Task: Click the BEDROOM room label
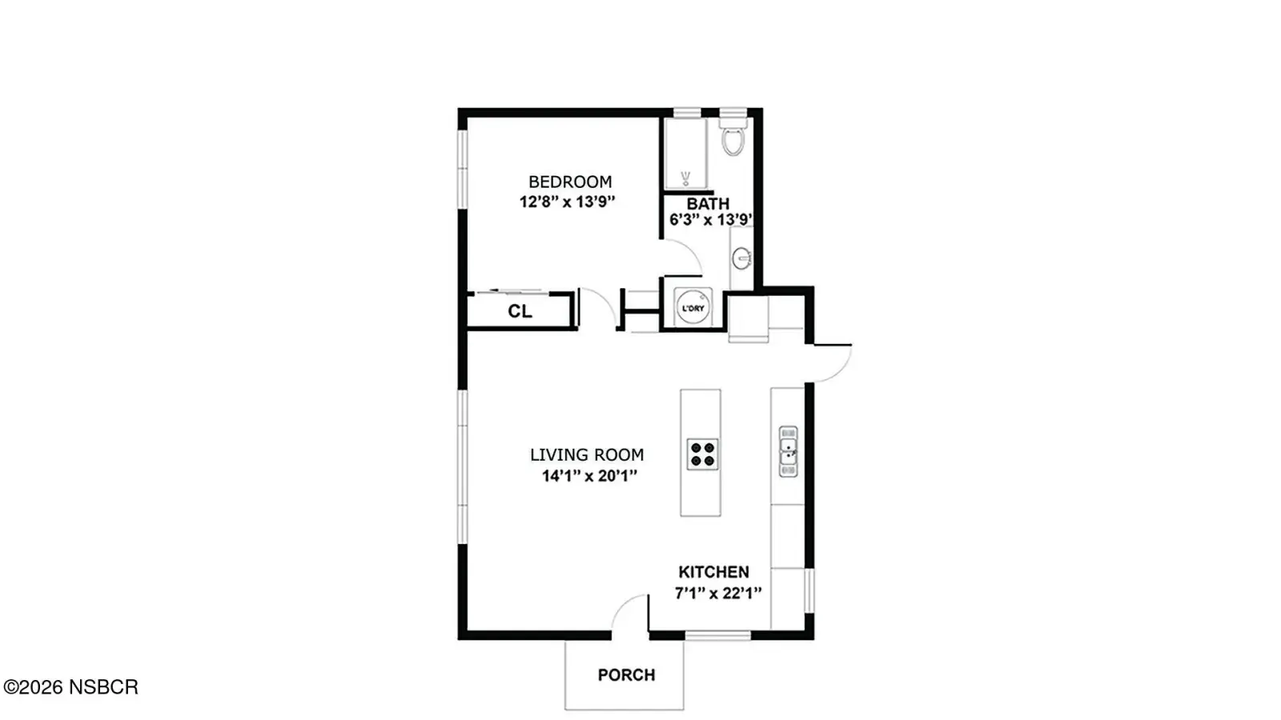pyautogui.click(x=569, y=182)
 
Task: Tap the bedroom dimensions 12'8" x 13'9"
pyautogui.click(x=568, y=202)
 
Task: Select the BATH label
pyautogui.click(x=708, y=204)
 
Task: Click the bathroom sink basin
pyautogui.click(x=742, y=258)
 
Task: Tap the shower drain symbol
pyautogui.click(x=685, y=178)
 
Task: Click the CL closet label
pyautogui.click(x=520, y=311)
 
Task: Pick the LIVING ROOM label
pyautogui.click(x=587, y=455)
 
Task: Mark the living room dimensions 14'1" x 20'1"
pyautogui.click(x=589, y=476)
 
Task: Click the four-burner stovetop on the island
pyautogui.click(x=702, y=454)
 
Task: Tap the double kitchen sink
pyautogui.click(x=788, y=451)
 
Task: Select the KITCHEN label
pyautogui.click(x=713, y=572)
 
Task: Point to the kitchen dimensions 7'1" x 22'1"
pyautogui.click(x=718, y=594)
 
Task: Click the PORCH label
pyautogui.click(x=626, y=675)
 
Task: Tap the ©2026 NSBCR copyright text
pyautogui.click(x=70, y=687)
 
